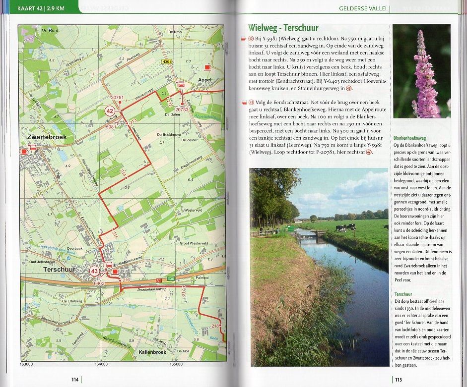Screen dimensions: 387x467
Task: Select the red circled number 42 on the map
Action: tap(110, 111)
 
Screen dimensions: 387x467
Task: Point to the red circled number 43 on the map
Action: tap(95, 271)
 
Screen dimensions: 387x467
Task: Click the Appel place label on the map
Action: tap(204, 80)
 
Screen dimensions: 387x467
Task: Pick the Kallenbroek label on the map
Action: tap(148, 350)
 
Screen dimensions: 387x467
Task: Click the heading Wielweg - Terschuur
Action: tap(283, 28)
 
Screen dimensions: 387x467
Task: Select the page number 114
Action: tap(75, 380)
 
